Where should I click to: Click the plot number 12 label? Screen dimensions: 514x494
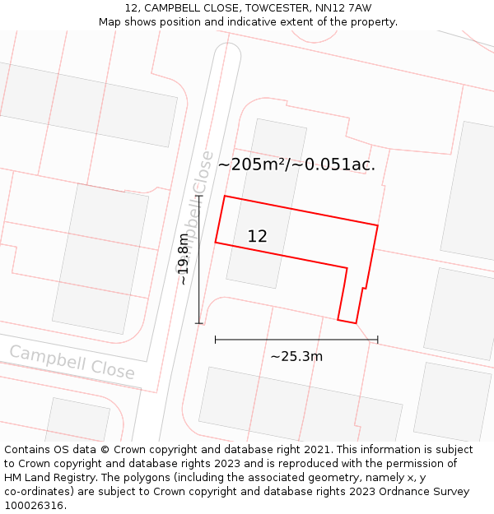coord(257,236)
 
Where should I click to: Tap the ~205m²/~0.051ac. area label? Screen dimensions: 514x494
coord(296,164)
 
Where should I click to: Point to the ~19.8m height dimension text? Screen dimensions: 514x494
coord(184,259)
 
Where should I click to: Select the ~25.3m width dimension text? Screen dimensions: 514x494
coord(296,356)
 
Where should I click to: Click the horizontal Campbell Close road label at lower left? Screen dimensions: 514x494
coord(72,363)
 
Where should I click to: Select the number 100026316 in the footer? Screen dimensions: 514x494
coord(35,506)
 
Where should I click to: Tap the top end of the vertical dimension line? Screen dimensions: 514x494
coord(199,196)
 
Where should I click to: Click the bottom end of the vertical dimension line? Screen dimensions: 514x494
coord(199,323)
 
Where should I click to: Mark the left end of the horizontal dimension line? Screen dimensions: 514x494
coord(216,339)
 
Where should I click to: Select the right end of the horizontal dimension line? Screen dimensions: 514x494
coord(378,339)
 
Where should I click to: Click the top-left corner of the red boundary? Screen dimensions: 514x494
coord(225,197)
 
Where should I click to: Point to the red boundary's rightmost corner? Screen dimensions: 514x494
coord(378,225)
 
